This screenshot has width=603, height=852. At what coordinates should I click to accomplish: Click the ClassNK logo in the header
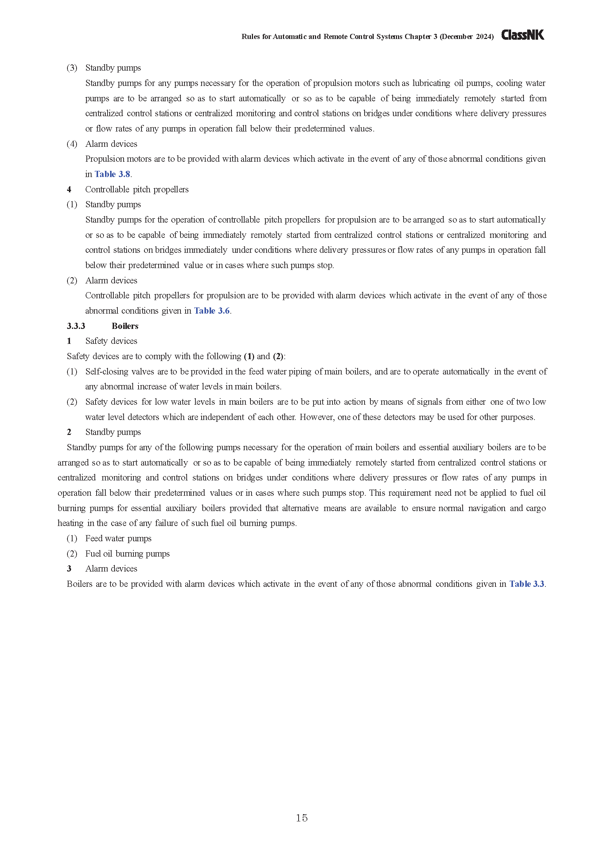pos(522,35)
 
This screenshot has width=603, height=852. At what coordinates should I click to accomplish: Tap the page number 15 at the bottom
pos(301,818)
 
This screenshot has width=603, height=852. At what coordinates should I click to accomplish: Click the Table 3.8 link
pos(112,174)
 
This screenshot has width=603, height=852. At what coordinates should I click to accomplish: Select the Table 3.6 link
pos(212,311)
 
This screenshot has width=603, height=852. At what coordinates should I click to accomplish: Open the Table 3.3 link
pos(526,584)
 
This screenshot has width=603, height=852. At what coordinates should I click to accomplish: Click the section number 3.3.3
pos(76,326)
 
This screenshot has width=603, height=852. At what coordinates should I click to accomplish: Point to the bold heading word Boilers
pos(125,326)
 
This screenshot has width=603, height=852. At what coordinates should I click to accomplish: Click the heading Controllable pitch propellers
pos(137,189)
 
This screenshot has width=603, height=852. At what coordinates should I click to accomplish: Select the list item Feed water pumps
pos(118,538)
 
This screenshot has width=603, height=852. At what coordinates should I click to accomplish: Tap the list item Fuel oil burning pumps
pos(127,553)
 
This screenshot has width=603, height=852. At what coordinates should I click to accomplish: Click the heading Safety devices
pos(111,341)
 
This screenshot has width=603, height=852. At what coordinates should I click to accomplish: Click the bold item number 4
pos(69,189)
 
